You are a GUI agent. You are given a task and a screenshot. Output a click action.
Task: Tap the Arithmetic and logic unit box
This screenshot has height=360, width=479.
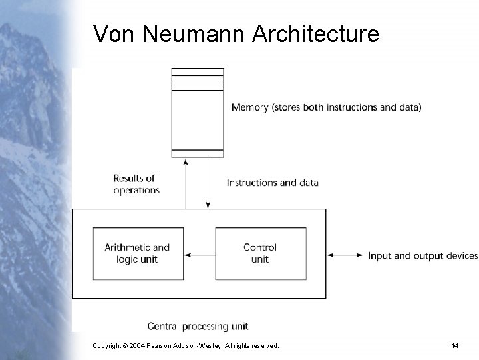tap(137, 253)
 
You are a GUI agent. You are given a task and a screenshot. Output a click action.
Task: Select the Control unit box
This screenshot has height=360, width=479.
tap(260, 253)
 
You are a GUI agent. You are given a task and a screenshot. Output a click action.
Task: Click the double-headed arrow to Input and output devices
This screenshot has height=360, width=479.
tap(346, 255)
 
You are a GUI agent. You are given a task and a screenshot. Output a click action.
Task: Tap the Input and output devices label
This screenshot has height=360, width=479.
tap(422, 256)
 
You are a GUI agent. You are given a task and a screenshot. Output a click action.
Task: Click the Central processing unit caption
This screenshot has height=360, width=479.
tap(198, 326)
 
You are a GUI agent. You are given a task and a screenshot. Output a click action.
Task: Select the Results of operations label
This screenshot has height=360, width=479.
tap(136, 184)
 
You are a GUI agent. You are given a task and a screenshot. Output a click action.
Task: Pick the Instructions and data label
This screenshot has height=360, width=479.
tap(272, 183)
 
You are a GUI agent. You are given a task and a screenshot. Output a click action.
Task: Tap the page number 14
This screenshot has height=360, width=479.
tap(455, 346)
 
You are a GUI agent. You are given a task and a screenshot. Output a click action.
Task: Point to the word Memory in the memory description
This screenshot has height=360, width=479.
tap(249, 107)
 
